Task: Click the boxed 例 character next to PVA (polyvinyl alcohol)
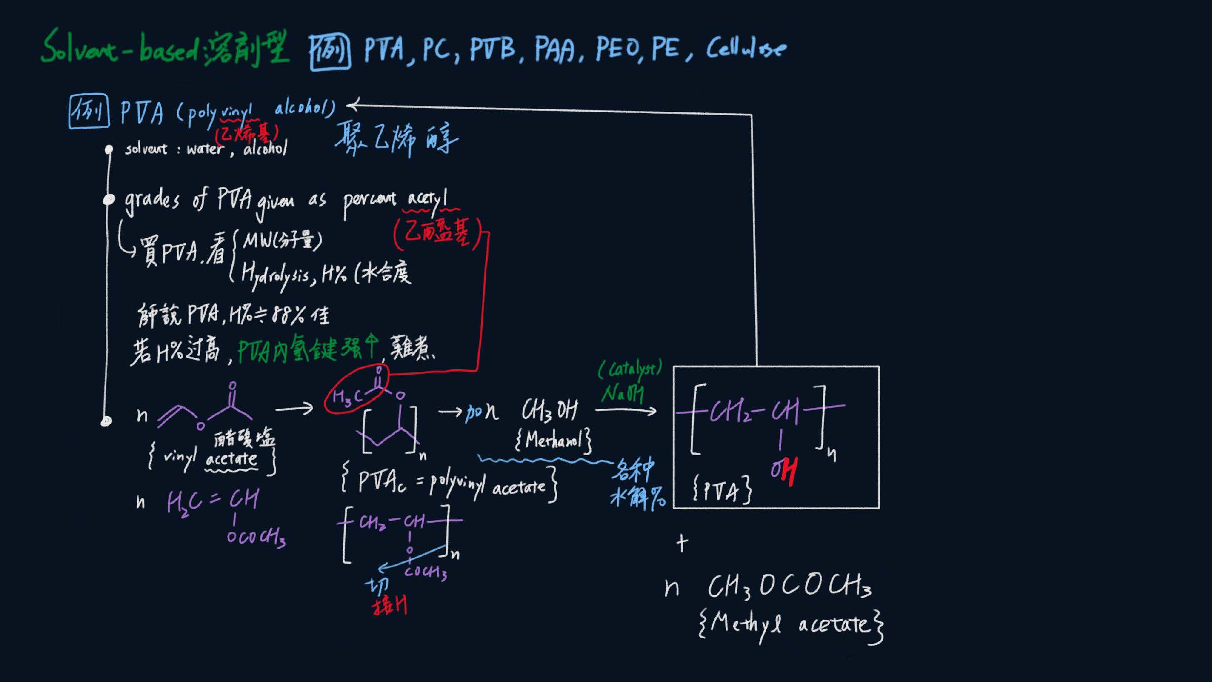89,111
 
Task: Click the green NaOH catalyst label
622,393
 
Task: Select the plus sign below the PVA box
682,544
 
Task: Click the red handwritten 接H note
389,606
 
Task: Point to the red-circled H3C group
348,396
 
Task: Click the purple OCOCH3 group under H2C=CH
256,537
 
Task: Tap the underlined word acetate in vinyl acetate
231,459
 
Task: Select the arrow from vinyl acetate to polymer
294,409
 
